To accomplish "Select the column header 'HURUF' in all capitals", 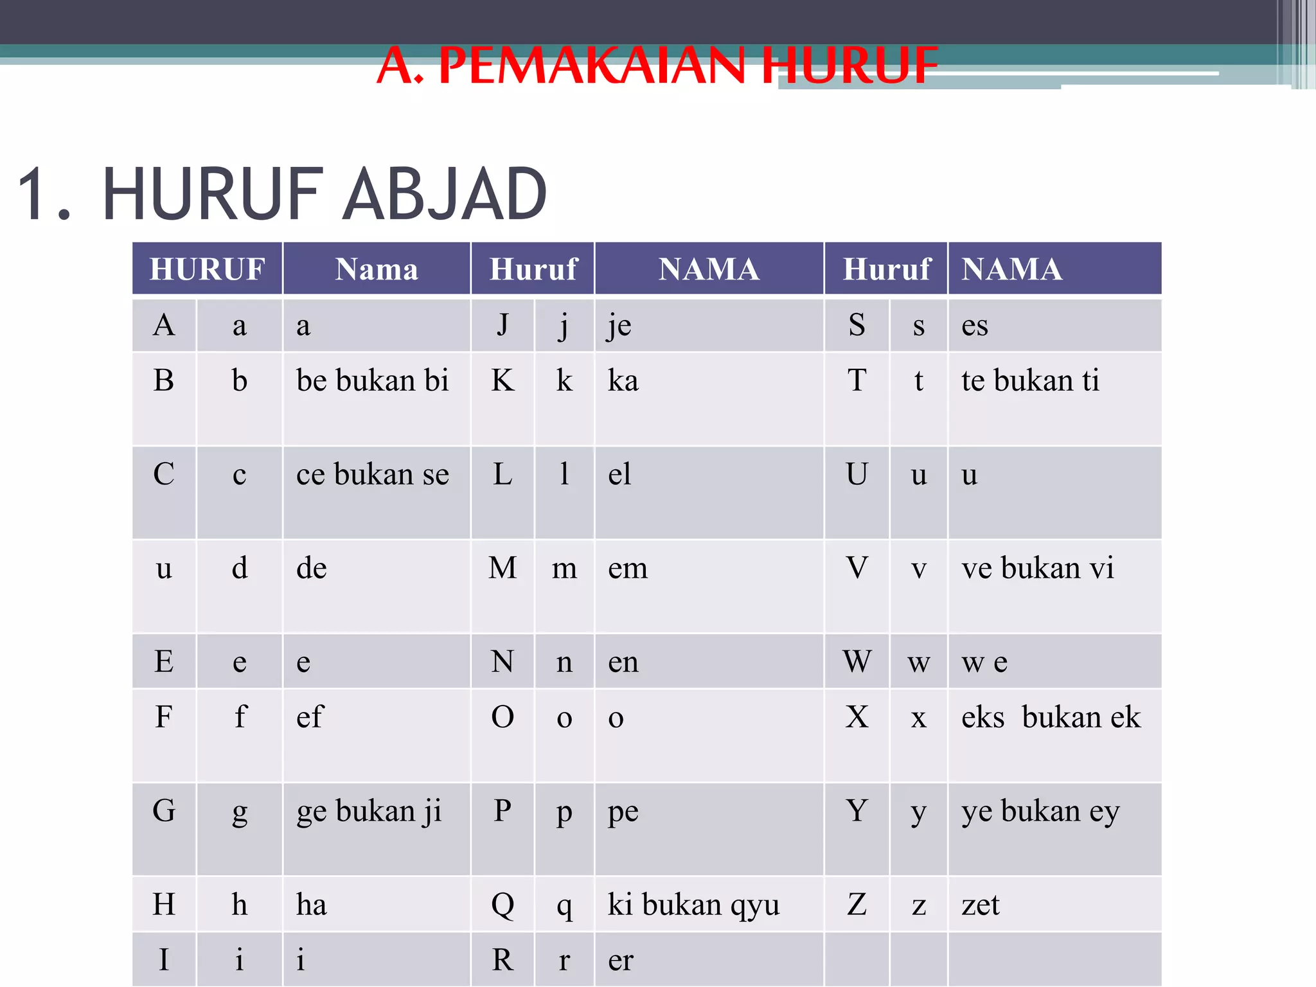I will [x=207, y=269].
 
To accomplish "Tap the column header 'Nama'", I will [x=377, y=269].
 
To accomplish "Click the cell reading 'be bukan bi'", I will [x=372, y=381].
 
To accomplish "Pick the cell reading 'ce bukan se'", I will [x=372, y=475].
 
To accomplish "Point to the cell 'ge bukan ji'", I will [x=369, y=812].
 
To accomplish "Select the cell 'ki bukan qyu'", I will [x=693, y=905].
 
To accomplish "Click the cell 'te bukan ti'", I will [x=1030, y=381].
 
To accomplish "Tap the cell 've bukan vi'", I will [x=1037, y=569].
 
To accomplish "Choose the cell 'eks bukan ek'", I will [x=1051, y=718].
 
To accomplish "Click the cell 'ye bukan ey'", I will [x=1040, y=812].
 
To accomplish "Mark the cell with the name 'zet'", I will [x=981, y=905].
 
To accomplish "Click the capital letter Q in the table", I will [x=502, y=905].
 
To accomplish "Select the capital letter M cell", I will [x=502, y=569].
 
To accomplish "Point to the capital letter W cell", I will [x=857, y=662].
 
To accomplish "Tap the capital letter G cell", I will [x=164, y=812].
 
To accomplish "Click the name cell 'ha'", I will [x=312, y=905].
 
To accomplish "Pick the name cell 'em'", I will [x=628, y=569].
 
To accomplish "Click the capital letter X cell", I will [x=857, y=718].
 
